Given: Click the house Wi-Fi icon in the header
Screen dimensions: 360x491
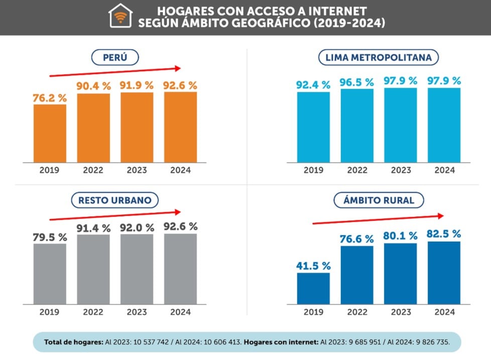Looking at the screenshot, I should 120,16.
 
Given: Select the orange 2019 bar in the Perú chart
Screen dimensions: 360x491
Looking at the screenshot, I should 50,133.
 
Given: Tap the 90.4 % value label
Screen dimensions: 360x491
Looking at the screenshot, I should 93,86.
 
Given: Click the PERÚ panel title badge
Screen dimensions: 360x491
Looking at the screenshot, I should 114,58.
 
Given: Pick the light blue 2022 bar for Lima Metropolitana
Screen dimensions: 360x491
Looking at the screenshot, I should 357,126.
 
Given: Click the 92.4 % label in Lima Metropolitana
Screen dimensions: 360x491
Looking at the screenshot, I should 313,85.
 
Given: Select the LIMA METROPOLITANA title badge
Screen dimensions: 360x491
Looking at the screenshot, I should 379,58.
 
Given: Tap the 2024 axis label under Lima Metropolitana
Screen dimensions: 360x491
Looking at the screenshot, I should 444,170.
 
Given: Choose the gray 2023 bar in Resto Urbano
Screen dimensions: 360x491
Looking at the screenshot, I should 137,269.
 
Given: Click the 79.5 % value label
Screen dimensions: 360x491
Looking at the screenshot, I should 50,236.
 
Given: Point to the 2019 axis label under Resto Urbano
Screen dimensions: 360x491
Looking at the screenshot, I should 49,312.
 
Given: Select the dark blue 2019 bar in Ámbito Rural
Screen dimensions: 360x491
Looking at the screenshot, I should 313,288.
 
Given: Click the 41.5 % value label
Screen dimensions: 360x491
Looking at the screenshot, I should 313,266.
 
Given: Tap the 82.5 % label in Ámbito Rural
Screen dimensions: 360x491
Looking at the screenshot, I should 444,233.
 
